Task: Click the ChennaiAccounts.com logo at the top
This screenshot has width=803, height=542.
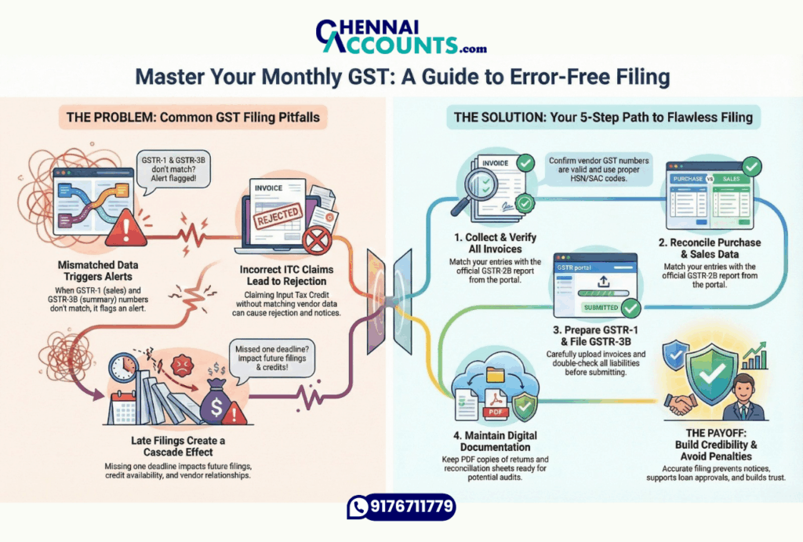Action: click(401, 35)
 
